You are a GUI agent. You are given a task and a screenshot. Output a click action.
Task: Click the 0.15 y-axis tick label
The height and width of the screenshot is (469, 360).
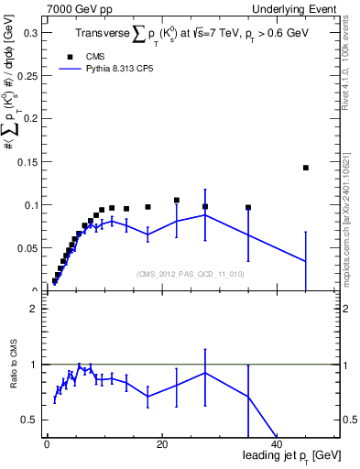(x=28, y=162)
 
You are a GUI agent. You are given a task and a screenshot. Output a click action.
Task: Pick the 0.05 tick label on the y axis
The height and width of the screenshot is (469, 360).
(x=28, y=248)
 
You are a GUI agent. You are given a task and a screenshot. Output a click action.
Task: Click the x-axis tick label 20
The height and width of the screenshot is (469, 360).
(x=161, y=445)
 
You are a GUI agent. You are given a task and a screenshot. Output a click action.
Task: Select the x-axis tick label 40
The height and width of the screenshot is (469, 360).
(x=276, y=445)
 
